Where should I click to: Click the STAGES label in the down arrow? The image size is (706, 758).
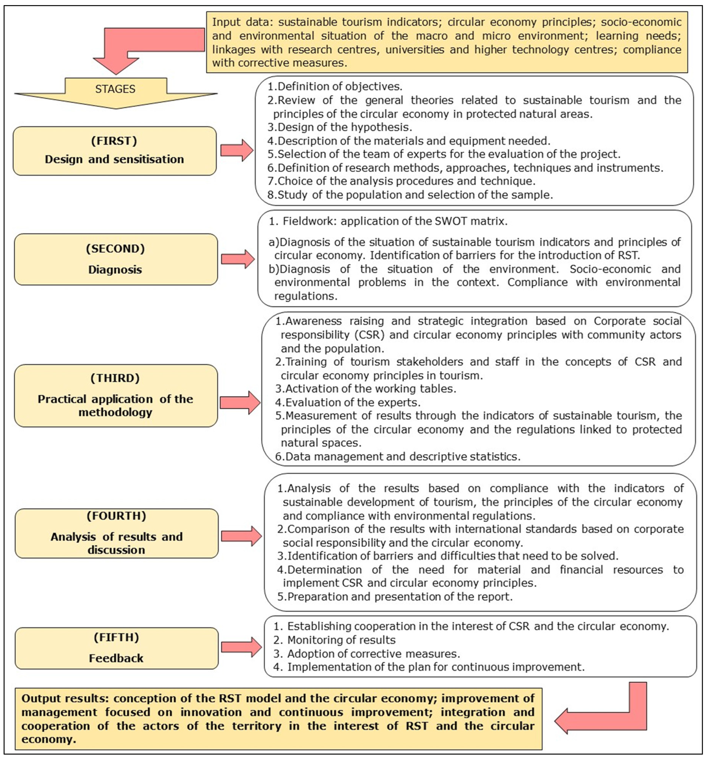[x=115, y=89]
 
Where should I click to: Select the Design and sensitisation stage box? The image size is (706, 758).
[x=114, y=151]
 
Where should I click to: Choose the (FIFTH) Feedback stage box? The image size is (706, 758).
[x=117, y=648]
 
